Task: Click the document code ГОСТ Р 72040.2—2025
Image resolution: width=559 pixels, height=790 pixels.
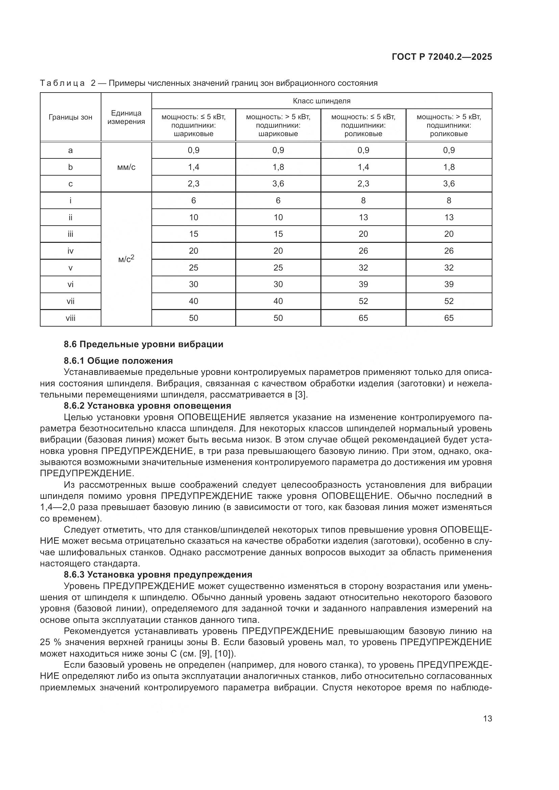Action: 442,57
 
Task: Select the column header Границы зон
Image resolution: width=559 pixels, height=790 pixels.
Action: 70,117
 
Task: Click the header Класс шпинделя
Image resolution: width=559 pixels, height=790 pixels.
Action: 321,101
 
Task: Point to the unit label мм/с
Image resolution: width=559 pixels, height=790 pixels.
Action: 126,167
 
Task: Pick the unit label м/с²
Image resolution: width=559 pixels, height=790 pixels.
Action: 126,259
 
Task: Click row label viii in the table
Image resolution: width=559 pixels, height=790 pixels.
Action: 70,318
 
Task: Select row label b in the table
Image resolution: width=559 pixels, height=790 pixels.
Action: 70,167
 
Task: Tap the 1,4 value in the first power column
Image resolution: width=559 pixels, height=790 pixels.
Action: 193,167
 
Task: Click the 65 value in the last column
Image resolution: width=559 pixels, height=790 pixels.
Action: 448,318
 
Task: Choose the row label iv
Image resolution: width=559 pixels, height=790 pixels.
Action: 70,251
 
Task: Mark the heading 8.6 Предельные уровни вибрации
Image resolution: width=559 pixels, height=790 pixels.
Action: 144,344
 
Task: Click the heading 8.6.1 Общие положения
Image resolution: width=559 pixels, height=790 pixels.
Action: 118,361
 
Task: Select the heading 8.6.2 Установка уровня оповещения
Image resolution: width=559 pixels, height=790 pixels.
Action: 147,405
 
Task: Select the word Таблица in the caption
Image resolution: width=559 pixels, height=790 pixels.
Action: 62,83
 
